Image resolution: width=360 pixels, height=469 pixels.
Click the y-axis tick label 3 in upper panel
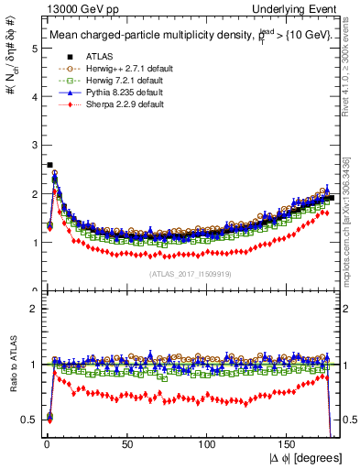33,146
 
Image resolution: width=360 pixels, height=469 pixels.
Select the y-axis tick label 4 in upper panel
33,97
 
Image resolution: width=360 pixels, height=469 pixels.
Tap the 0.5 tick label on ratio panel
29,420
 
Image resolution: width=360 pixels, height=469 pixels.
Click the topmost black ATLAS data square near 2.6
49,165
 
